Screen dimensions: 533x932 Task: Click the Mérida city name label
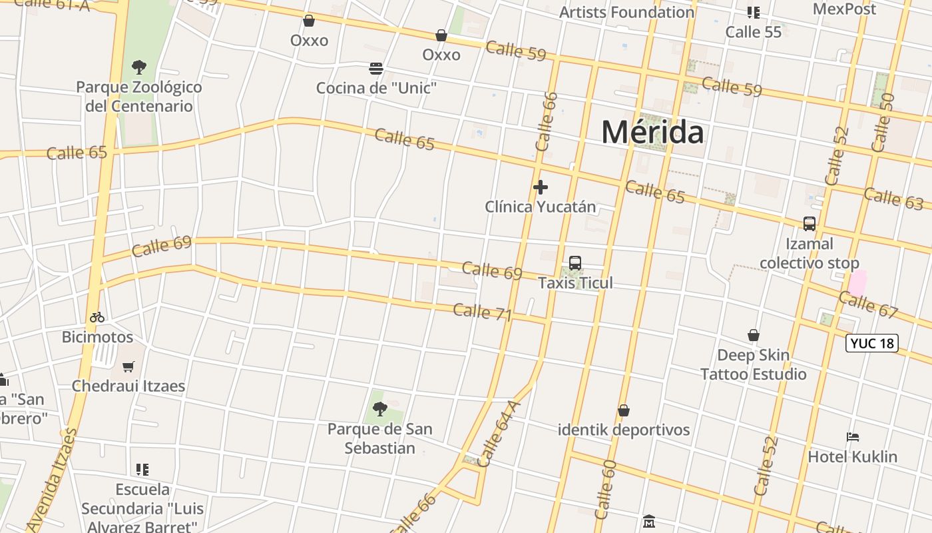[652, 132]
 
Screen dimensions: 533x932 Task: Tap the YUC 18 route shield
[872, 343]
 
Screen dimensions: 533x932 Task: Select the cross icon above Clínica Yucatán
[541, 187]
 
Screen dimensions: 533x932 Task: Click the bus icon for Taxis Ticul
[575, 263]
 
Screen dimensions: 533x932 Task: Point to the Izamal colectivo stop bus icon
[810, 224]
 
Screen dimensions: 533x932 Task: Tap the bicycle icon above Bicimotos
[97, 317]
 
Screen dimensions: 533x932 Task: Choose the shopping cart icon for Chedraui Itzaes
[128, 366]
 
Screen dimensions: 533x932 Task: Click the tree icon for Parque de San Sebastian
[380, 408]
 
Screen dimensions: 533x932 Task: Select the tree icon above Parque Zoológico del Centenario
[139, 67]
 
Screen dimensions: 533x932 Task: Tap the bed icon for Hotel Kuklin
[853, 437]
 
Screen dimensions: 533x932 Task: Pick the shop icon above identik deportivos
[624, 410]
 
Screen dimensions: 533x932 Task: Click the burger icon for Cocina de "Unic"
[376, 69]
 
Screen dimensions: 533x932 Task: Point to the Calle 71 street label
[482, 311]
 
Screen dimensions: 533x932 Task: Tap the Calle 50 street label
[883, 122]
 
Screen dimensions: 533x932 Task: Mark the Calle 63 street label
[893, 199]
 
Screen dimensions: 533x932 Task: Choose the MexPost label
[844, 9]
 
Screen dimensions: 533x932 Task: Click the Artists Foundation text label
[626, 12]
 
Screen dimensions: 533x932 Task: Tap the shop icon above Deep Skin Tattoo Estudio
[754, 335]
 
